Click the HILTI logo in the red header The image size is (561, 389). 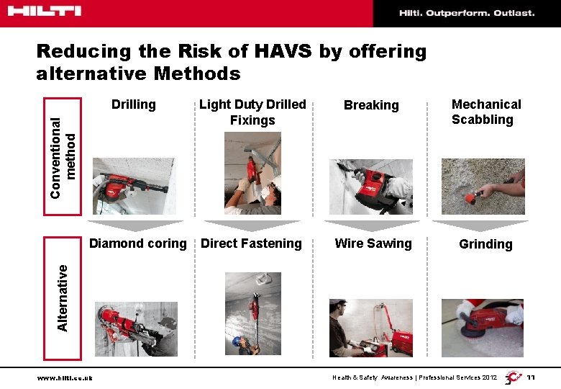click(x=45, y=11)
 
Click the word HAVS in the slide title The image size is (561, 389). click(x=283, y=51)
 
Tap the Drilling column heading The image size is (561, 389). click(x=134, y=104)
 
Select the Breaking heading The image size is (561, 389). click(x=371, y=105)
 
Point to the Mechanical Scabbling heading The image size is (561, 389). click(x=486, y=112)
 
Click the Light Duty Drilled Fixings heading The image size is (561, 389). click(x=252, y=112)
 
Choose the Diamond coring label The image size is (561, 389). click(x=138, y=243)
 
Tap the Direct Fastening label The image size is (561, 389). click(x=251, y=243)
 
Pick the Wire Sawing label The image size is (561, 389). click(x=373, y=243)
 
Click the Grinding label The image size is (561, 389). click(x=485, y=244)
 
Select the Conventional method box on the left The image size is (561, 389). click(x=63, y=156)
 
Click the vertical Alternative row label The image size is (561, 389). click(x=63, y=298)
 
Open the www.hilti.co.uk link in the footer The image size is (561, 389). click(x=65, y=378)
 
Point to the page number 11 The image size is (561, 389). click(x=531, y=377)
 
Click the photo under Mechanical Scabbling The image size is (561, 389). click(x=483, y=187)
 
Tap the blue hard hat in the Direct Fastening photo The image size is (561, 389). click(x=236, y=341)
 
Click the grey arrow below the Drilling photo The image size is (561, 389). click(x=135, y=226)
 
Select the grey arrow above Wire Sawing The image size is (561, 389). click(x=372, y=226)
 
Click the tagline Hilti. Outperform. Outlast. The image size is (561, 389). click(x=467, y=13)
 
